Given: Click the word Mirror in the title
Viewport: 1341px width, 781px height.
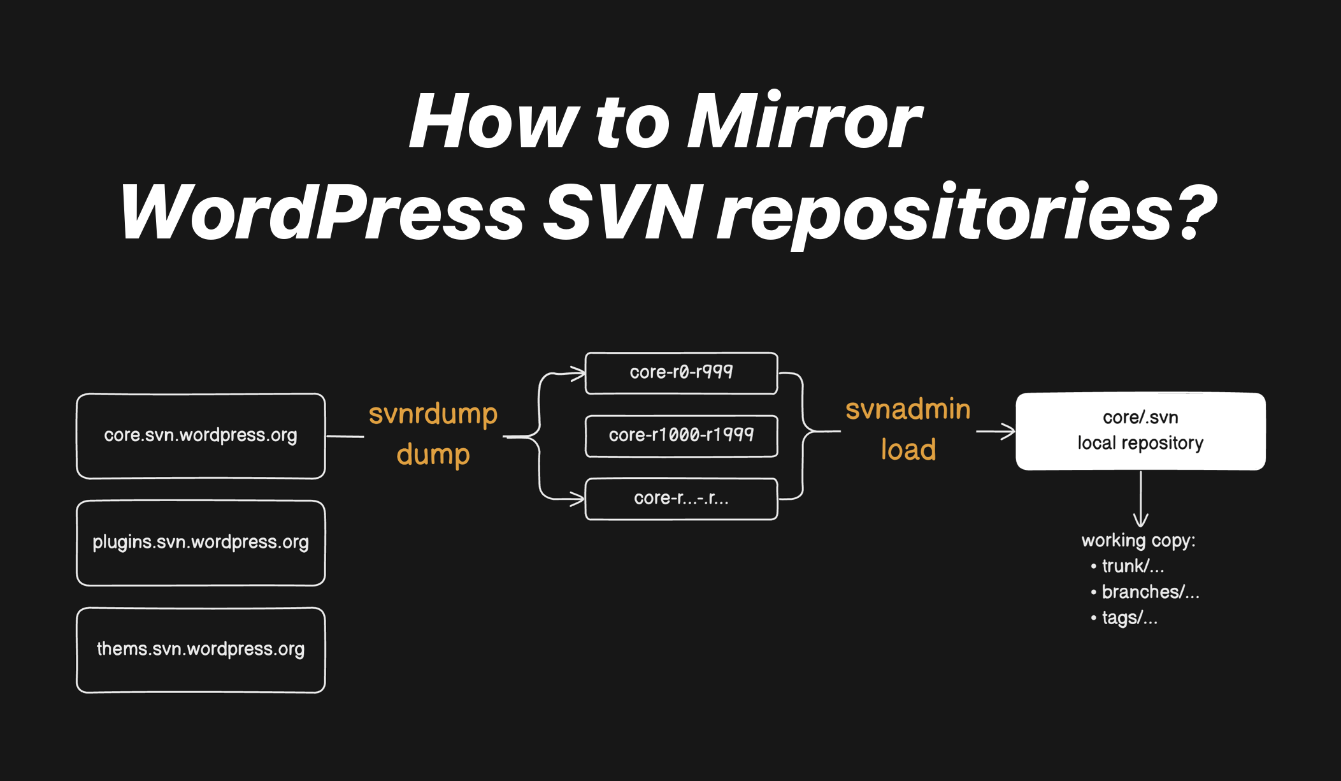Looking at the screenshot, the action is pyautogui.click(x=805, y=121).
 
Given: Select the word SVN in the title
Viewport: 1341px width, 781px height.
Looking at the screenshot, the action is pyautogui.click(x=622, y=212).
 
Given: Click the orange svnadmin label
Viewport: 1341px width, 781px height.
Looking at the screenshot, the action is pyautogui.click(x=908, y=409).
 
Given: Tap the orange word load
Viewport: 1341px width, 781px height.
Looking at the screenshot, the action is pyautogui.click(x=908, y=449).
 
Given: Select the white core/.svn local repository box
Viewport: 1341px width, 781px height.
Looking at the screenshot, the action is pyautogui.click(x=1140, y=432).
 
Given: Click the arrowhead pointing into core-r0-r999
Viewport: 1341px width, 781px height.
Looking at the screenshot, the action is pyautogui.click(x=578, y=373).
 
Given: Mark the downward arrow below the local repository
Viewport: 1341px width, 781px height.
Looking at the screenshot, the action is pyautogui.click(x=1141, y=499).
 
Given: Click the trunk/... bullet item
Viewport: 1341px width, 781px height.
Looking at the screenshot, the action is pyautogui.click(x=1128, y=566).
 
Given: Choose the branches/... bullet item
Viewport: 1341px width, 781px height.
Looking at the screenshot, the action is pyautogui.click(x=1145, y=592).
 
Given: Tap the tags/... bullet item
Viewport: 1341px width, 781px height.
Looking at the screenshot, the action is pyautogui.click(x=1124, y=618).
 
